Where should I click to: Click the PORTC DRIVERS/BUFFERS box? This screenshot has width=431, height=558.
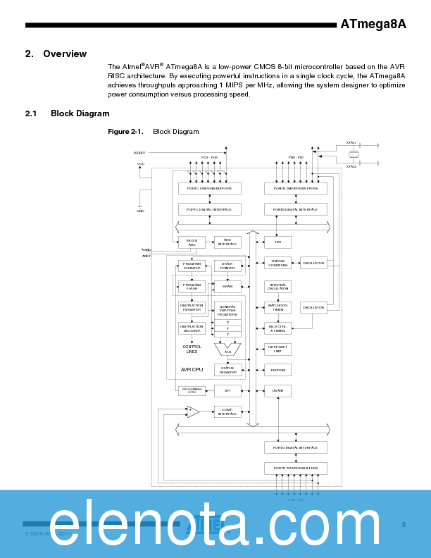(209, 189)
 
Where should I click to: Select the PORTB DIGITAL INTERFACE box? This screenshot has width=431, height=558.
(295, 209)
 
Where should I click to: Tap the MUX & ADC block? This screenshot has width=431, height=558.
(192, 242)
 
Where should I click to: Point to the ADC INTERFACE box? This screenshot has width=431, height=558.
(227, 242)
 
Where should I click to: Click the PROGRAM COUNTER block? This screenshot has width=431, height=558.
(192, 266)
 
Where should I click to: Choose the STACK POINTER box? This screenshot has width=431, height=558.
(227, 266)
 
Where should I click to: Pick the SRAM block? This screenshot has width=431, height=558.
(227, 287)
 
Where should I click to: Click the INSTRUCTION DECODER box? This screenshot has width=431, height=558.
(192, 328)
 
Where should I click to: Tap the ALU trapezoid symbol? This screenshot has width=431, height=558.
(227, 349)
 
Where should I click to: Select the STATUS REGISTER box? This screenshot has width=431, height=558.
(227, 369)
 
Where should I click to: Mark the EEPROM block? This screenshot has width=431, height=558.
(277, 369)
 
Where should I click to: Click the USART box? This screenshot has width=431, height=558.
(277, 390)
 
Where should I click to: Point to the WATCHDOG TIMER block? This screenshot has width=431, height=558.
(277, 308)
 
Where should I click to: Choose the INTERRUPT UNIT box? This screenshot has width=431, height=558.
(277, 349)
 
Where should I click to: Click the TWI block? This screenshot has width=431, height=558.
(277, 242)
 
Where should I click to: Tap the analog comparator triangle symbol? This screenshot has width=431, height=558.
(192, 412)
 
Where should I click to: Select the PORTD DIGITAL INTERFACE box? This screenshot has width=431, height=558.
(295, 447)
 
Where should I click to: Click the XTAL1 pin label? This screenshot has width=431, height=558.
(351, 142)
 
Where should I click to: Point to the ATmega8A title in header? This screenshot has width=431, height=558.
(373, 24)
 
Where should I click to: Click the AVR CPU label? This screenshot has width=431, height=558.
(192, 369)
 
